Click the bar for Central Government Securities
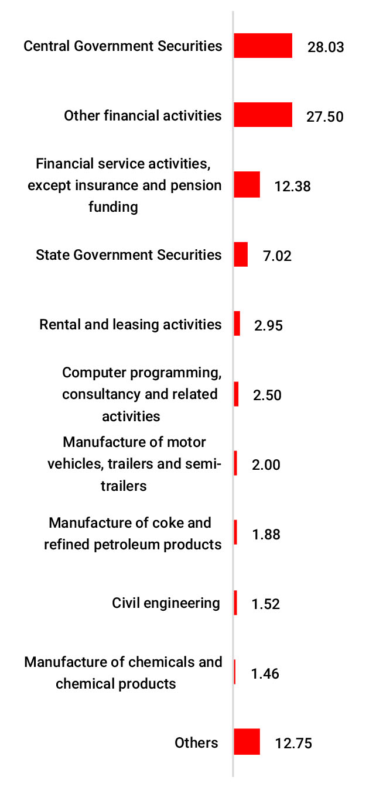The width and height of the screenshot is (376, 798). click(x=263, y=46)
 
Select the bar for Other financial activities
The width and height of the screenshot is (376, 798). click(x=263, y=115)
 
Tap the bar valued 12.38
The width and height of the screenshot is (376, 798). click(x=247, y=184)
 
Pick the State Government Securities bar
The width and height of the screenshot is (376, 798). click(x=241, y=254)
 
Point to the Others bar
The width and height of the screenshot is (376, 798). click(x=247, y=742)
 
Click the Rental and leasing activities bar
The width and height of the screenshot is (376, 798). click(x=237, y=324)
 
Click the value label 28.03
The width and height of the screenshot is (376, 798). click(x=325, y=47)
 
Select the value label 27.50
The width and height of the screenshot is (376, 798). click(x=324, y=116)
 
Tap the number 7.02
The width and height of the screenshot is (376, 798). click(x=277, y=256)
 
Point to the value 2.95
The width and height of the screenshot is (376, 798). click(x=268, y=325)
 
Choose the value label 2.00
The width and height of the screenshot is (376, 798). click(x=266, y=465)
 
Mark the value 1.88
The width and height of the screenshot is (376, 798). click(x=265, y=534)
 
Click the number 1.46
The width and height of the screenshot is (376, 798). click(x=265, y=673)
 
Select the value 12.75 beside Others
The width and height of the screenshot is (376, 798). click(x=293, y=744)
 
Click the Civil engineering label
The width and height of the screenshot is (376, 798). click(x=166, y=603)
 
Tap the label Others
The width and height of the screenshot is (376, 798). click(x=196, y=742)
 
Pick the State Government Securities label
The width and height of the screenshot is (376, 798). click(x=129, y=254)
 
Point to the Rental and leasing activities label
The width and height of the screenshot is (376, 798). click(x=131, y=324)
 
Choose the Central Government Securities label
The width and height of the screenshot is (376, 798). click(x=123, y=46)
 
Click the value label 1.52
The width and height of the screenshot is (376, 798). click(x=265, y=604)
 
